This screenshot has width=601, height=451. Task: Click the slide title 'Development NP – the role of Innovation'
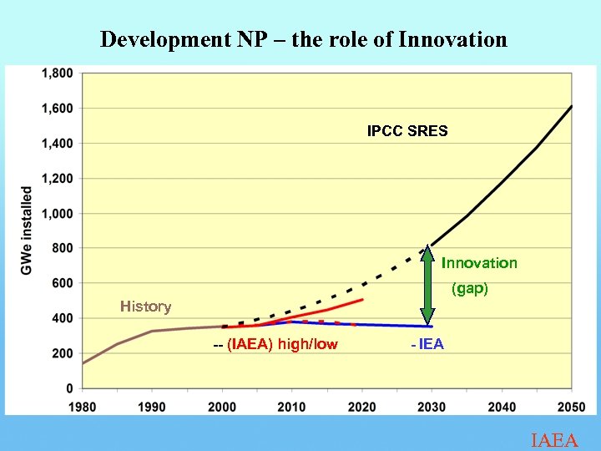point(303,39)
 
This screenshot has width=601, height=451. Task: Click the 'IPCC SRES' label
point(407,131)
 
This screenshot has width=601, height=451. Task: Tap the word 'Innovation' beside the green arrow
point(479,263)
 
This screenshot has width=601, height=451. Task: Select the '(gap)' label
point(470,290)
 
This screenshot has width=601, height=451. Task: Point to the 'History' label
point(145,307)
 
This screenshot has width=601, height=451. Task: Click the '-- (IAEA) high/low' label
point(275,344)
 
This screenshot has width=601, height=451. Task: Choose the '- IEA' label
point(427,344)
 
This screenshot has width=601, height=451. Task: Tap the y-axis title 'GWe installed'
point(27,230)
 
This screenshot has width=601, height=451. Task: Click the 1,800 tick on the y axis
point(57,73)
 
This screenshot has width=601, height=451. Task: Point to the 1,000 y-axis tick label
point(57,213)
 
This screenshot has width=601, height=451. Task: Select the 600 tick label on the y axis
point(63,283)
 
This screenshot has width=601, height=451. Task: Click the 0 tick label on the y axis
point(70,388)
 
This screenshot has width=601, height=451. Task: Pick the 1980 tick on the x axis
point(82,407)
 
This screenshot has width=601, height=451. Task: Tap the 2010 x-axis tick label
point(291,407)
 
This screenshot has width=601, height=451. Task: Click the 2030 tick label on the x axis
point(432,407)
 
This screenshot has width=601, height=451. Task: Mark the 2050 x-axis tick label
point(571,407)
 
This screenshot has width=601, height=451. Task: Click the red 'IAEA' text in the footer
point(554,440)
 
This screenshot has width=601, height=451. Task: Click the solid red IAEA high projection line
point(334,311)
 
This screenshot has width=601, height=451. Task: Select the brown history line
point(134,336)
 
